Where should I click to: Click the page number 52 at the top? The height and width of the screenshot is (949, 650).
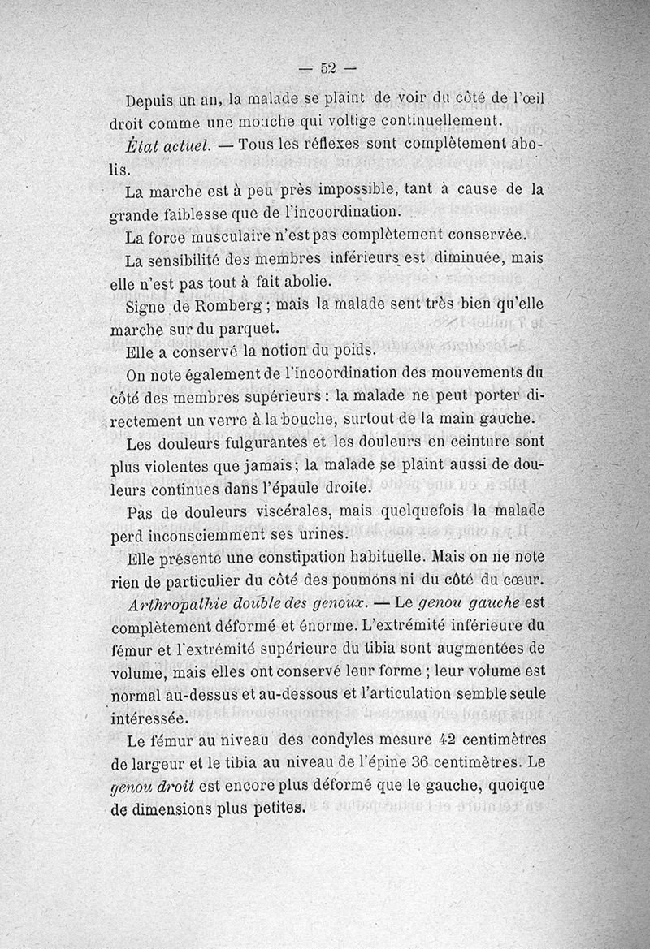327,67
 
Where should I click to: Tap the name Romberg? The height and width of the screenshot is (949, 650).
231,307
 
